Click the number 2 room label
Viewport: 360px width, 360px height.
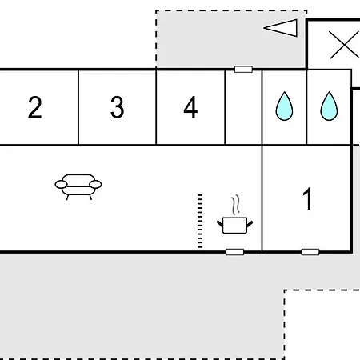tap(35, 107)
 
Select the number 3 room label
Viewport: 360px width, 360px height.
tap(118, 107)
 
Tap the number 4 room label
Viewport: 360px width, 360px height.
tap(190, 107)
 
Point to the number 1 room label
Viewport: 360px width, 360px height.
tap(308, 198)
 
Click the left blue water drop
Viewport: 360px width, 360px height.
tap(284, 106)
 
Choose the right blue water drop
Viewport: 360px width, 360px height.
tap(329, 106)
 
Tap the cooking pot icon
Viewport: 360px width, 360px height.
tap(234, 226)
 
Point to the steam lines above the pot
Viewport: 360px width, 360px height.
tap(235, 205)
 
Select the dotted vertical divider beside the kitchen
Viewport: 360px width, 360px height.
tap(200, 221)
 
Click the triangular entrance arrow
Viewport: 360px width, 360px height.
tap(281, 28)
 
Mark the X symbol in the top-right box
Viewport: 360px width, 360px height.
tap(344, 45)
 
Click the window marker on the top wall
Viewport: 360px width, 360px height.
tap(243, 70)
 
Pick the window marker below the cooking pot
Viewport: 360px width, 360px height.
tap(234, 252)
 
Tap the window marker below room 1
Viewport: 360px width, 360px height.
tap(310, 252)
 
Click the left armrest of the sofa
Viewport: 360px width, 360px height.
tap(61, 184)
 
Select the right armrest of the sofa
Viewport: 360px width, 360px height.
tap(95, 184)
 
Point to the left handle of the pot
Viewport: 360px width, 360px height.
tap(220, 224)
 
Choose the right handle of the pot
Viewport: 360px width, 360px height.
tap(250, 224)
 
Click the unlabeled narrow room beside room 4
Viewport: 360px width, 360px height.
tap(243, 107)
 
